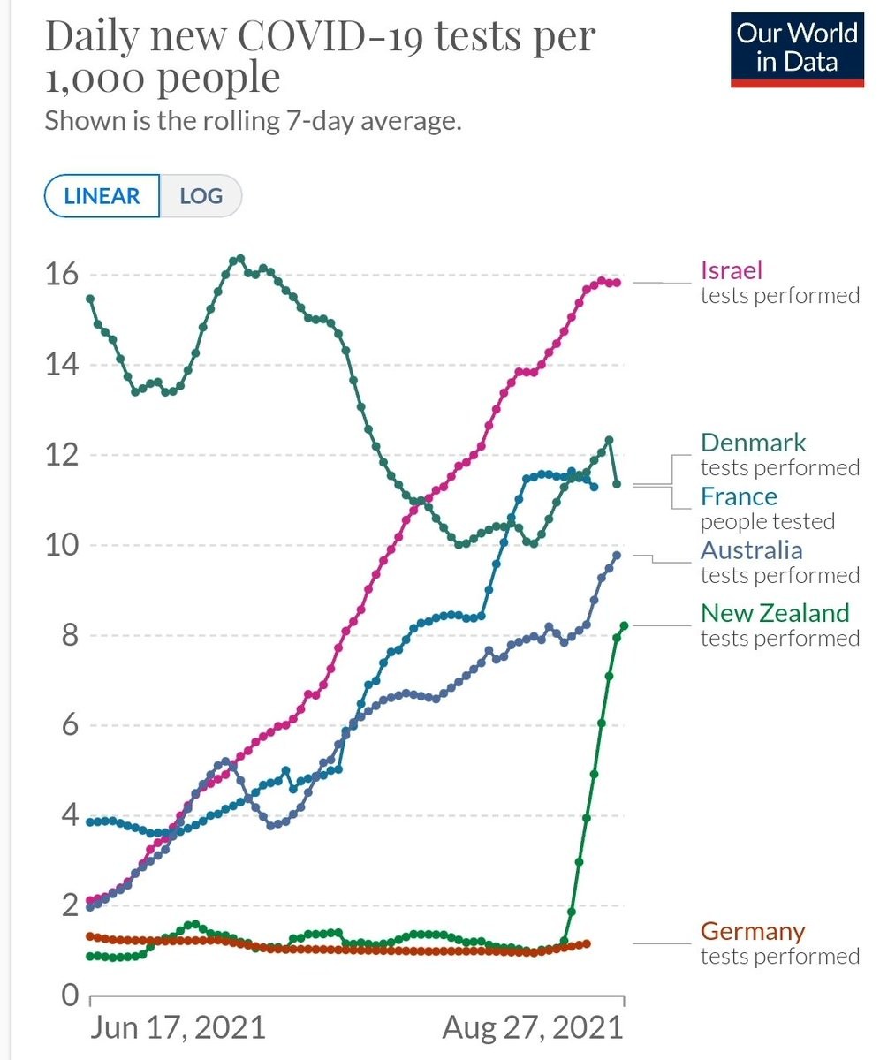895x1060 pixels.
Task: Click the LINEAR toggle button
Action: [x=102, y=196]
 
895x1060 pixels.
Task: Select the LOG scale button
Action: [x=201, y=196]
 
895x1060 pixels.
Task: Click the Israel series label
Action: [x=731, y=270]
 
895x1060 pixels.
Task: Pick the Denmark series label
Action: [x=753, y=443]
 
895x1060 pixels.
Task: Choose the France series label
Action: [x=739, y=496]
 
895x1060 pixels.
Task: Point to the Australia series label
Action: [x=751, y=550]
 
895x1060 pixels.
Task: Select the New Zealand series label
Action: [x=774, y=613]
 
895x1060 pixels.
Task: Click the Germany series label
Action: [x=753, y=932]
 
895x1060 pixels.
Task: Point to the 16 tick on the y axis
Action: [x=61, y=275]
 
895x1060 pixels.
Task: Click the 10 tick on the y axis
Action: [x=61, y=545]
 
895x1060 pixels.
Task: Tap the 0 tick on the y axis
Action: [x=70, y=996]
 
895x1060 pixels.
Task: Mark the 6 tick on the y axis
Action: [x=70, y=725]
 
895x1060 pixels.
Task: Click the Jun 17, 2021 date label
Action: [x=178, y=1027]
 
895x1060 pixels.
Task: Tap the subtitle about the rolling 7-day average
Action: [x=253, y=120]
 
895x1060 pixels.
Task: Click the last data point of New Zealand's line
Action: [x=624, y=625]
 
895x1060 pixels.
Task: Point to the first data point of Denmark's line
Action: [x=90, y=299]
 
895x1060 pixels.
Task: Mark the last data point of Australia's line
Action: [x=617, y=555]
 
